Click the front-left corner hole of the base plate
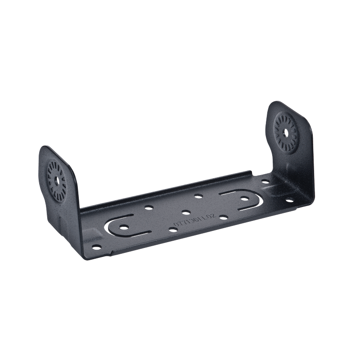point(95,246)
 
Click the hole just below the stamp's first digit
point(173,229)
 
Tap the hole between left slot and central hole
point(147,209)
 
